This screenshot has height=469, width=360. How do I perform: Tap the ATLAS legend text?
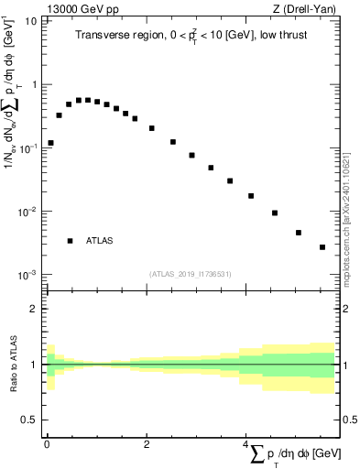(x=99, y=241)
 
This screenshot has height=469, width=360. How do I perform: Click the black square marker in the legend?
(x=71, y=241)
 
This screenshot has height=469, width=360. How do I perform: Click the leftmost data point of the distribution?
(x=51, y=143)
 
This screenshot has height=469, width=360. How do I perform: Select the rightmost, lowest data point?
(x=322, y=247)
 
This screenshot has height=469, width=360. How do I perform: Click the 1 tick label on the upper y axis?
(x=35, y=84)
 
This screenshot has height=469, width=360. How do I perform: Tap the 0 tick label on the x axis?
(x=47, y=443)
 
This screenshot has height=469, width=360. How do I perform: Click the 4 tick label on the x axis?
(x=246, y=443)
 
